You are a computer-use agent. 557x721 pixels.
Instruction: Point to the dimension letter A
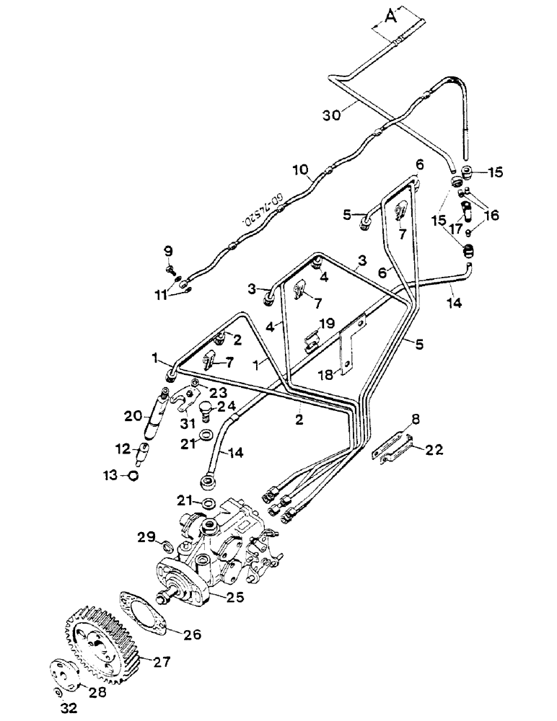pyautogui.click(x=389, y=19)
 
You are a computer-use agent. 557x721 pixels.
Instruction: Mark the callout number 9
pyautogui.click(x=168, y=251)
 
